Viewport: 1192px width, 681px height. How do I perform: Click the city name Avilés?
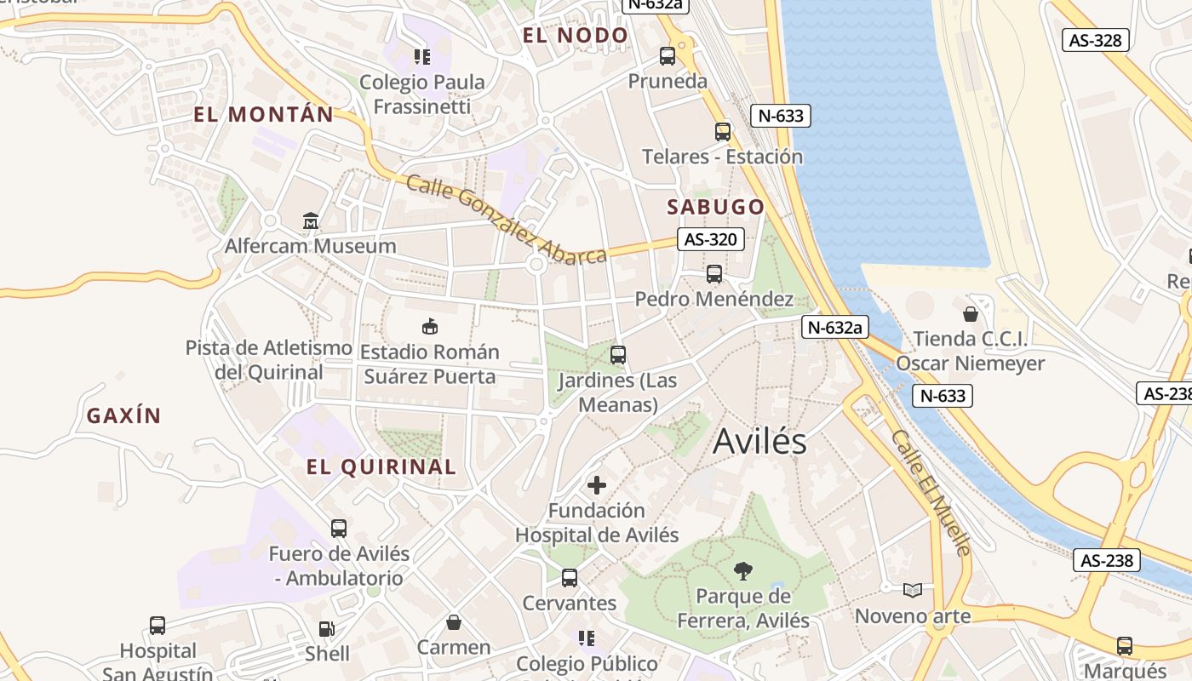coord(759,442)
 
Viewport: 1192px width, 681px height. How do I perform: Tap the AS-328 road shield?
coord(1096,40)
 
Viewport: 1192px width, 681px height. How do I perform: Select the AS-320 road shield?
coord(710,240)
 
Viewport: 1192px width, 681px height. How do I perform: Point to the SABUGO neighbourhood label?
coord(715,207)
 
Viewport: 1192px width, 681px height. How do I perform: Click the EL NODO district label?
coord(575,36)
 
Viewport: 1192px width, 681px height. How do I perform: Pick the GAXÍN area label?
coord(123,416)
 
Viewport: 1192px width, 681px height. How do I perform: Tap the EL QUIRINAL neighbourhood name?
coord(381,466)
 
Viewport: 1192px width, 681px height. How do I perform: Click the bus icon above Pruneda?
coord(668,56)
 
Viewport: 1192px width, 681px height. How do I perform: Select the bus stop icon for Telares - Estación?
coord(722,131)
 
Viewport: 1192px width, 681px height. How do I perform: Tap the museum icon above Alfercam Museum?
coord(311,221)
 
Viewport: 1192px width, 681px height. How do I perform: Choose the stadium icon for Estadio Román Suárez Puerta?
coord(430,326)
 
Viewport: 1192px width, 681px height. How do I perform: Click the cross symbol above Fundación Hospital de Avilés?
coord(597,485)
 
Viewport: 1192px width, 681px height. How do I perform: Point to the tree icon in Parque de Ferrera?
coord(742,571)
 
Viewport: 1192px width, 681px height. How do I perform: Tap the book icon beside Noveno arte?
coord(913,590)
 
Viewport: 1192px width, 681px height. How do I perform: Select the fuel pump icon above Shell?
coord(326,629)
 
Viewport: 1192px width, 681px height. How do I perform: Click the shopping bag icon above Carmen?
coord(454,622)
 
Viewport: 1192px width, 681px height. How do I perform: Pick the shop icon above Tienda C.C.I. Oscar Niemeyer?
coord(970,314)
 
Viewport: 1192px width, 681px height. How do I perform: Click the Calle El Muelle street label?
coord(931,492)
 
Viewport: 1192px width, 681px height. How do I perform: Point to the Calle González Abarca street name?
coord(506,220)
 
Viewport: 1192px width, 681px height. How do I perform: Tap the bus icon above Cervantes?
coord(570,578)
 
